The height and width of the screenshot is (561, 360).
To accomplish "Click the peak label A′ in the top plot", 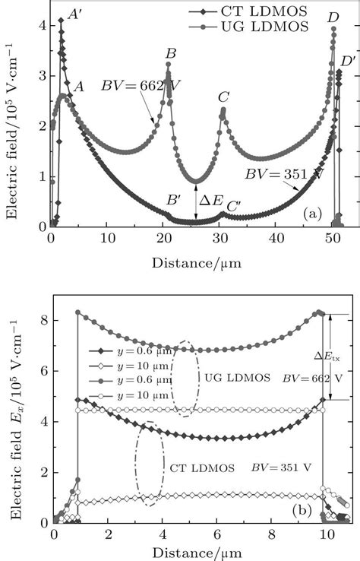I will click(x=77, y=13).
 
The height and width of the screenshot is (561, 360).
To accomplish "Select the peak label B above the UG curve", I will click(x=170, y=53).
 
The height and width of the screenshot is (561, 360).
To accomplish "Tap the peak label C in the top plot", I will click(x=223, y=97).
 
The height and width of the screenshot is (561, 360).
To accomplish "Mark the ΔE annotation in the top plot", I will click(x=210, y=201).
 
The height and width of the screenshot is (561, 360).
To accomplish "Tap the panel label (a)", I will click(x=309, y=215).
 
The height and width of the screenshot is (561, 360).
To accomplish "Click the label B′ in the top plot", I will click(x=175, y=200).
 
